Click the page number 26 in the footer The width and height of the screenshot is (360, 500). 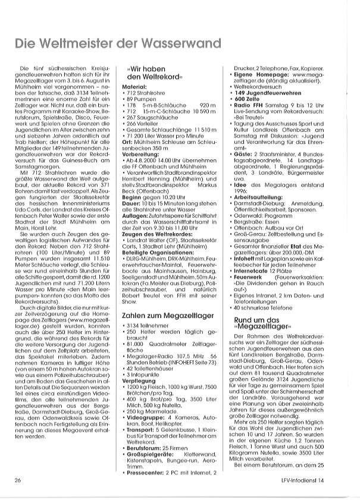19,480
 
